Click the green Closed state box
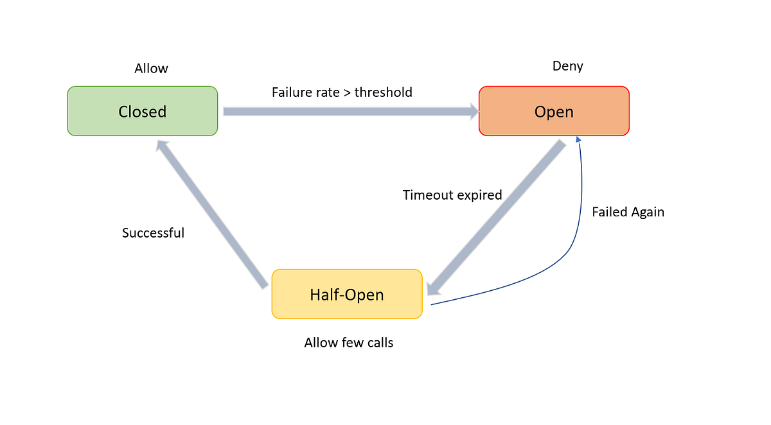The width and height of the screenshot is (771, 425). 142,111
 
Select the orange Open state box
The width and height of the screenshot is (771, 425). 554,111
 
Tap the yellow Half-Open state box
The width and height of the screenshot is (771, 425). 347,295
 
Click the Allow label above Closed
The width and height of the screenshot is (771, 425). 151,68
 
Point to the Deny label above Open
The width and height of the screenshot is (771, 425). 567,66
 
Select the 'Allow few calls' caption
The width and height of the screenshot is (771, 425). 348,343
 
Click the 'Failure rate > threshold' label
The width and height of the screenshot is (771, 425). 342,92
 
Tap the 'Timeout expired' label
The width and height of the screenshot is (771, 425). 452,195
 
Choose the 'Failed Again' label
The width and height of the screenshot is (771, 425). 628,212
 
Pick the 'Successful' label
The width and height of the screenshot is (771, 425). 153,233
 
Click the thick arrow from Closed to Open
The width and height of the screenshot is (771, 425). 350,112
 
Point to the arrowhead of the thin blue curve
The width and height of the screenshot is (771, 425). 578,140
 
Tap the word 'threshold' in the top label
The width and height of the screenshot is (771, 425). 383,92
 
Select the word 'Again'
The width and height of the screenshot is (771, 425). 648,212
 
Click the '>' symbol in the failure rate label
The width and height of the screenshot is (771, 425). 346,93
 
